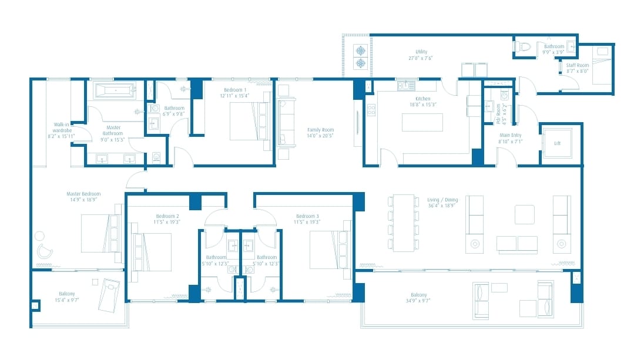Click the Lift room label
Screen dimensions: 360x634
click(x=556, y=142)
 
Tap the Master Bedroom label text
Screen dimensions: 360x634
click(x=83, y=194)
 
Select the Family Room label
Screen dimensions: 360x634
click(x=320, y=130)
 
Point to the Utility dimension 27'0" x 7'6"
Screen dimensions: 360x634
click(x=421, y=58)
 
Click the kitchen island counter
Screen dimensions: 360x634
click(x=422, y=122)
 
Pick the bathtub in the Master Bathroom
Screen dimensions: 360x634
click(x=115, y=90)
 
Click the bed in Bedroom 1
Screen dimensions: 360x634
click(x=243, y=121)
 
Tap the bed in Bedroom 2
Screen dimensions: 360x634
click(x=154, y=252)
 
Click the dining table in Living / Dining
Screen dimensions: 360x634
click(x=404, y=223)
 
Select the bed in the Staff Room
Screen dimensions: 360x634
click(x=601, y=66)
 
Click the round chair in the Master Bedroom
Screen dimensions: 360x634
click(x=44, y=251)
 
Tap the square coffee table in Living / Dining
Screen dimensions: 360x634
click(x=524, y=214)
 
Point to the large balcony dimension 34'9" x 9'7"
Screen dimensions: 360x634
click(x=419, y=301)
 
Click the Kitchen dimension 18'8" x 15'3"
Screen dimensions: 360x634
click(x=422, y=105)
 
